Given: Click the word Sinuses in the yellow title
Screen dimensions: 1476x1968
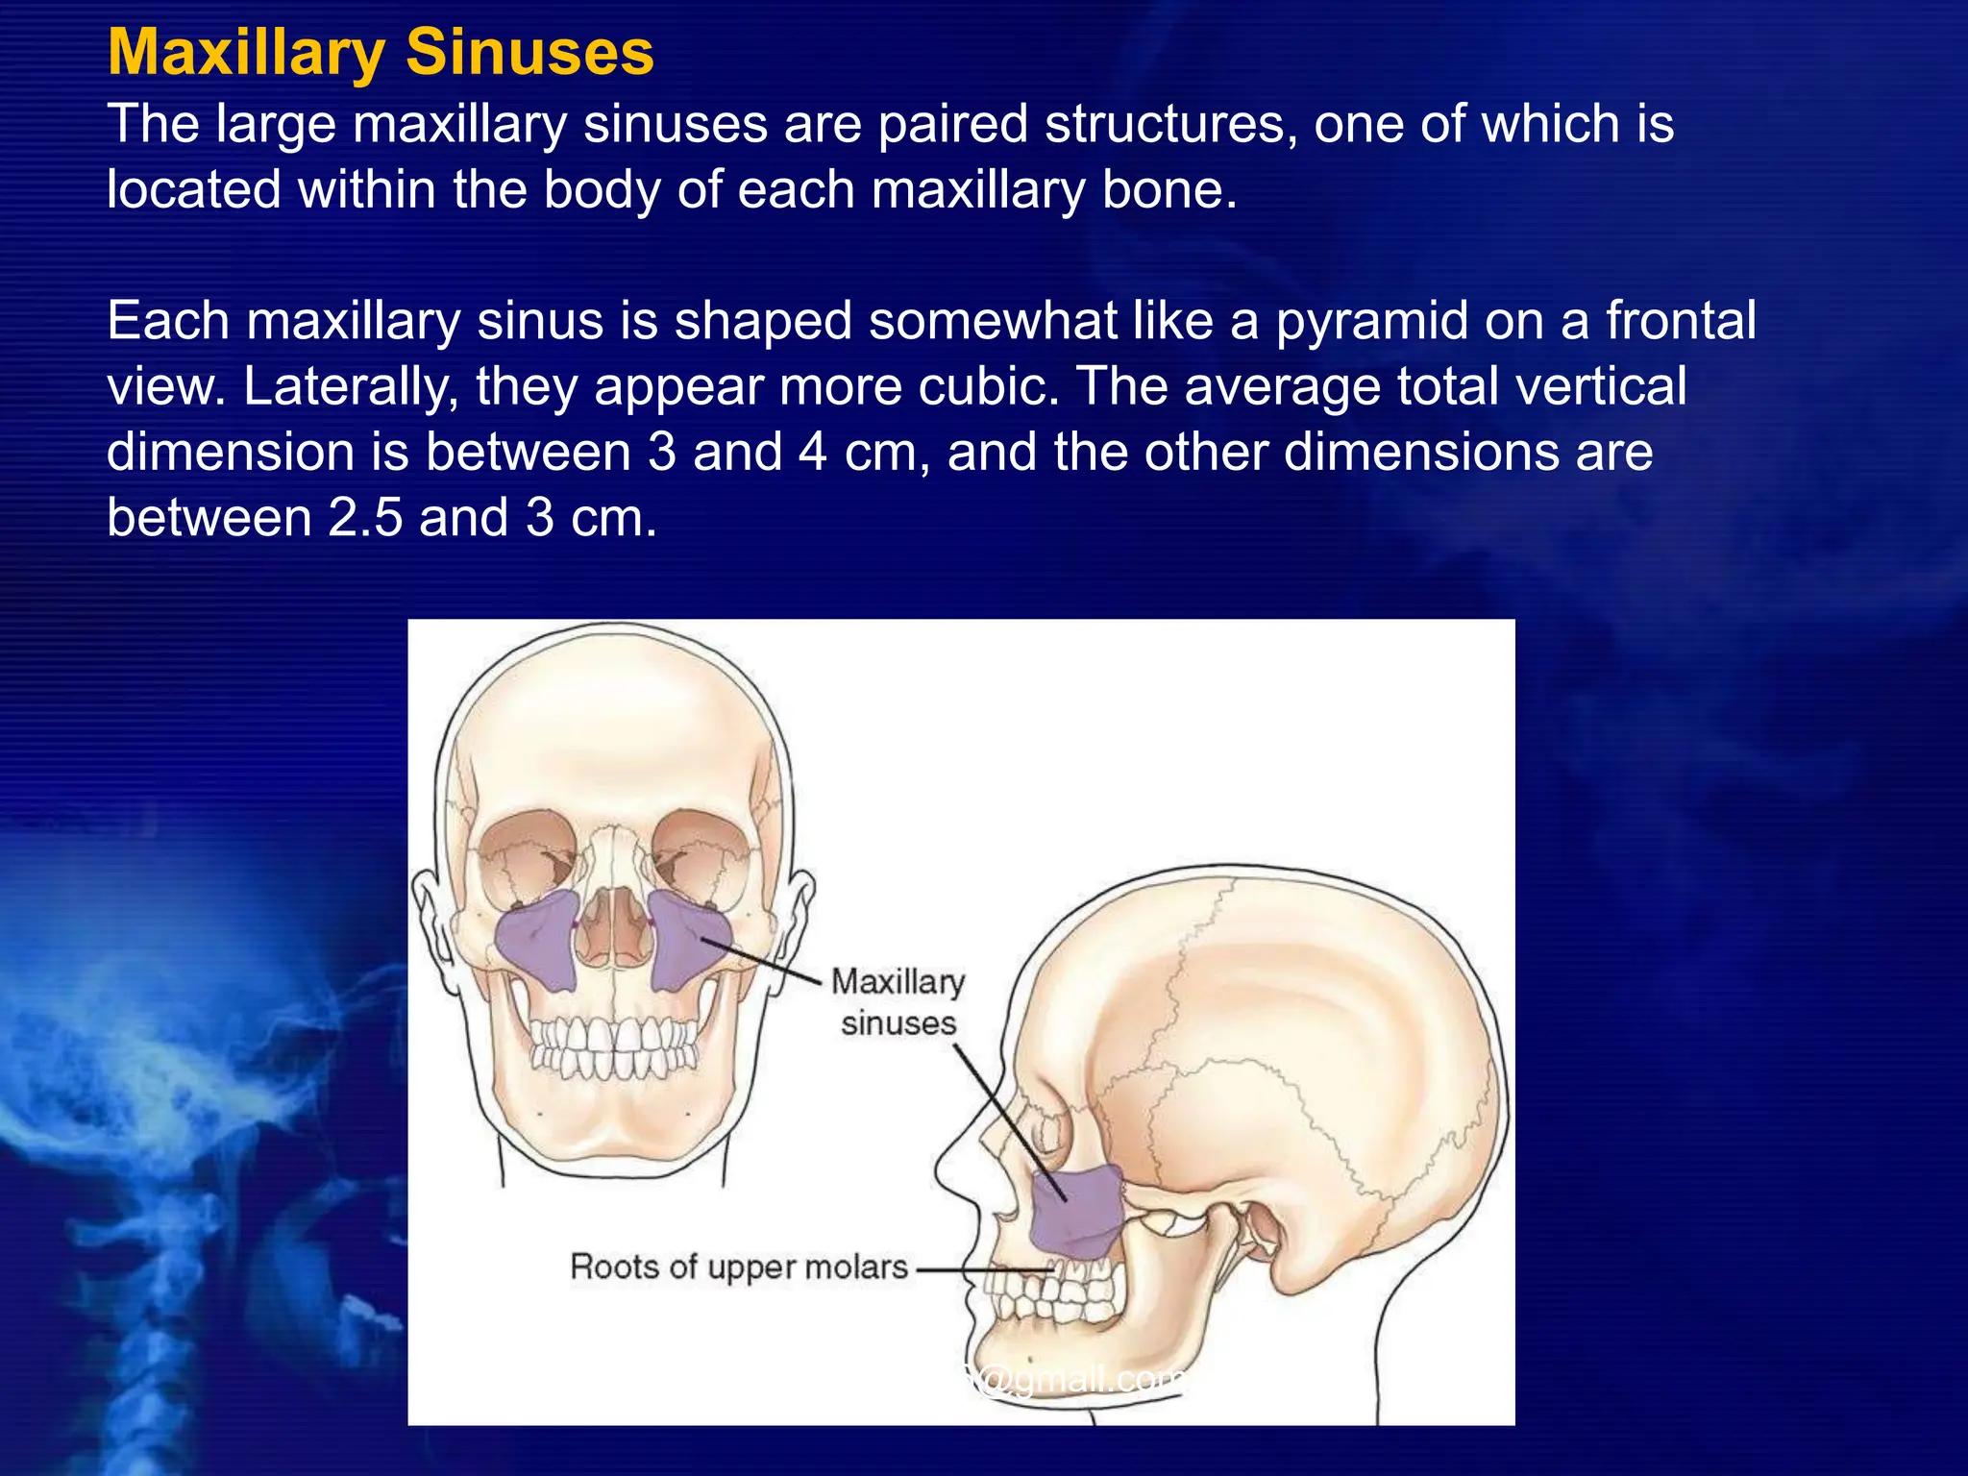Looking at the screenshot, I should [x=529, y=52].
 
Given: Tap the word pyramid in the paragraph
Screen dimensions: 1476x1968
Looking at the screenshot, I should [x=1371, y=321].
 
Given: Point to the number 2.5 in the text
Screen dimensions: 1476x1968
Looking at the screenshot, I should [x=365, y=518].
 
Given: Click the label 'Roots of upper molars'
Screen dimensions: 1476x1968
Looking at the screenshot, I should [x=738, y=1267].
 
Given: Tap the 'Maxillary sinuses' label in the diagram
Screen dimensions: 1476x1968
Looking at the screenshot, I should [x=898, y=1002].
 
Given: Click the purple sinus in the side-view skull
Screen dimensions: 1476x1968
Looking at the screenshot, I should [x=1079, y=1213].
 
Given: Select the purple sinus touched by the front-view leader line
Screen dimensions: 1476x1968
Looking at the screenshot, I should [x=688, y=942].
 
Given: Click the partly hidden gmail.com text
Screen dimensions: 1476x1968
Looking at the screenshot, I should [x=1076, y=1380].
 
